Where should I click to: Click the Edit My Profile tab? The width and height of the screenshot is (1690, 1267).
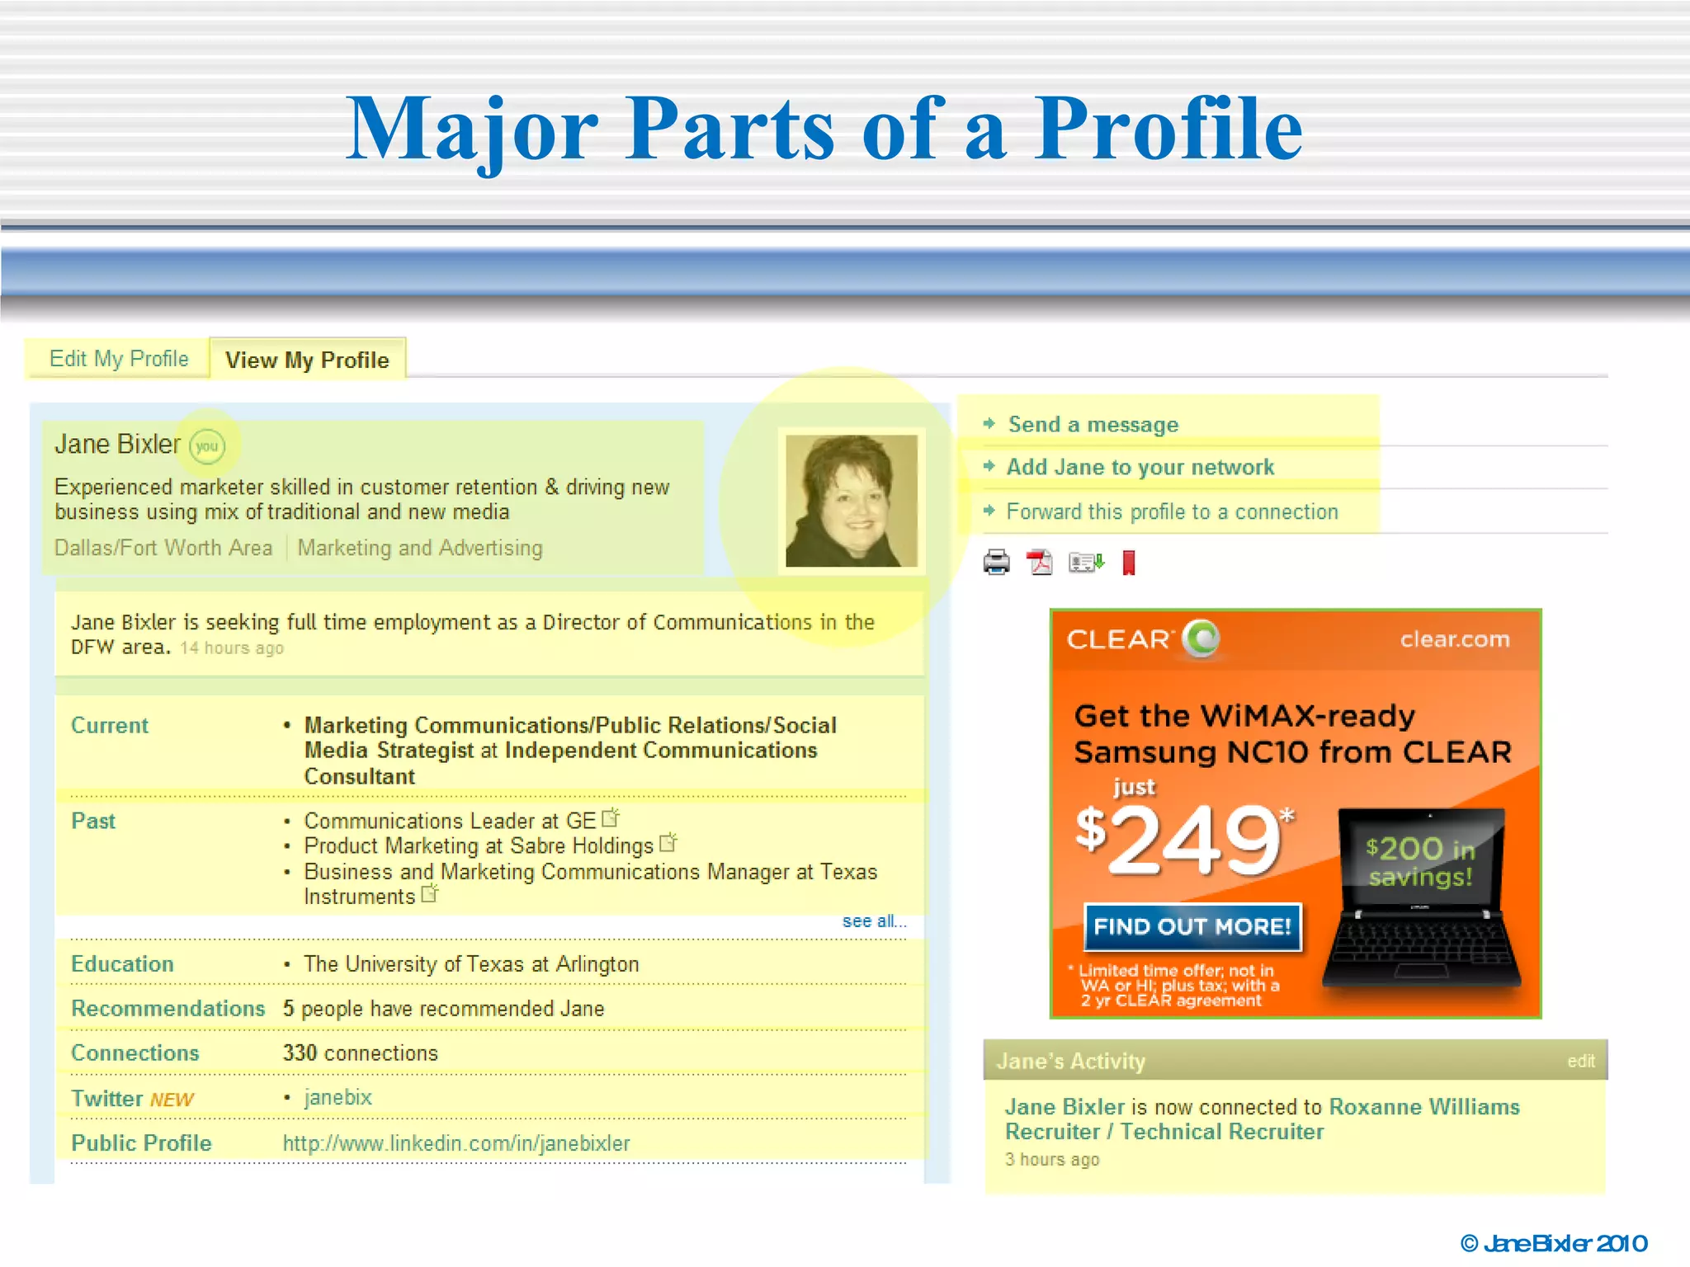pos(119,359)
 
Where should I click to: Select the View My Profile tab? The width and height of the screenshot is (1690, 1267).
pos(307,360)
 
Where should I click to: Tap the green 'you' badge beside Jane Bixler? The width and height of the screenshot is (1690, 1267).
pos(206,446)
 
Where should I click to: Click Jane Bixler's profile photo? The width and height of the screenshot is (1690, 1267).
pos(851,501)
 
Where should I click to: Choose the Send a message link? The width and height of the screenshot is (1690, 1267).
pos(1093,425)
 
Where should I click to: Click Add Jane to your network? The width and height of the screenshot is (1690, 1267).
pos(1140,468)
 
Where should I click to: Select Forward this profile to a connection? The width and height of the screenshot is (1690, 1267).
pos(1171,512)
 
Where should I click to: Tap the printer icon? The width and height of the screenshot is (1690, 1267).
pos(996,563)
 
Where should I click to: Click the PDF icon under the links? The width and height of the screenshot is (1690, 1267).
pos(1040,563)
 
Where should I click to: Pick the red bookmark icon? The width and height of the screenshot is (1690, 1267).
pos(1129,563)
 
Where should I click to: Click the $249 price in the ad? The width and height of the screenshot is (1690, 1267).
pos(1183,840)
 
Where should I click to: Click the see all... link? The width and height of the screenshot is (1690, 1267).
pos(873,921)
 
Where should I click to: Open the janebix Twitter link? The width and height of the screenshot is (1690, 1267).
pos(338,1098)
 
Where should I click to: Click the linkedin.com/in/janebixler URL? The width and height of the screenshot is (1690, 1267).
pos(456,1143)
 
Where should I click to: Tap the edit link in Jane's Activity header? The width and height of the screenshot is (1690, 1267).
pos(1580,1062)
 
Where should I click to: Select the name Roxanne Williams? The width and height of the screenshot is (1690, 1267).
pos(1423,1107)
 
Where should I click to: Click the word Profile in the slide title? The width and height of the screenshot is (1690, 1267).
pos(1168,130)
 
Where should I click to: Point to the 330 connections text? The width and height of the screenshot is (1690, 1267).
pos(360,1053)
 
